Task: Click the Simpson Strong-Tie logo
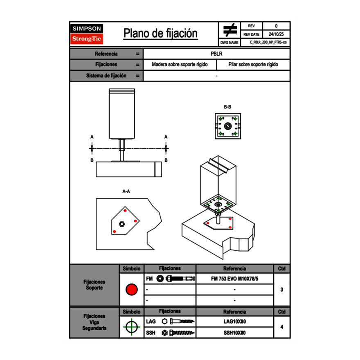point(87,34)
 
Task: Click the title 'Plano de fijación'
point(160,34)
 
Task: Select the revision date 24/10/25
point(276,34)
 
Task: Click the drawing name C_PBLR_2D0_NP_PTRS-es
point(268,42)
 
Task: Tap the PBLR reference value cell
point(216,54)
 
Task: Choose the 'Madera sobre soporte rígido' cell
point(180,65)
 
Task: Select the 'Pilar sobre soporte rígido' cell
point(253,65)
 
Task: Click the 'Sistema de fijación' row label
point(106,76)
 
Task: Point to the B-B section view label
point(227,107)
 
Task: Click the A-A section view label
point(126,191)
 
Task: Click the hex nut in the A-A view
point(122,223)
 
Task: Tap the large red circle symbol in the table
point(131,290)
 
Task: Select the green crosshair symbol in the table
point(131,327)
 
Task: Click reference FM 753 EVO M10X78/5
point(234,279)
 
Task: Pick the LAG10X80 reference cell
point(234,322)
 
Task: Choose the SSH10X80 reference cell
point(234,333)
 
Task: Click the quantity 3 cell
point(281,290)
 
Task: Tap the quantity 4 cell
point(281,327)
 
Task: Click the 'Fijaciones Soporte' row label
point(94,285)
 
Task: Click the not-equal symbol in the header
point(230,30)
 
